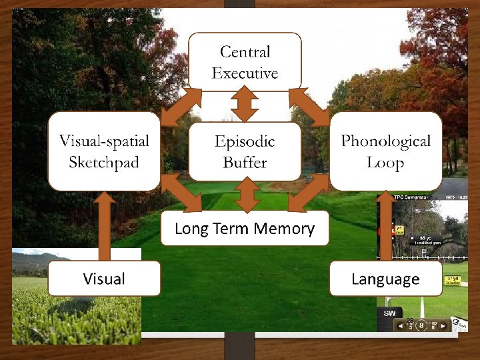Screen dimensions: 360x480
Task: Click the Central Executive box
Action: tap(245, 61)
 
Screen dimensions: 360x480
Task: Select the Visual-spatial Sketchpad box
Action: tap(104, 151)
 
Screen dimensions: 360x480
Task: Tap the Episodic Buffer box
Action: tap(245, 151)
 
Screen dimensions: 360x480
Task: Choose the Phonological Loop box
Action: tap(385, 151)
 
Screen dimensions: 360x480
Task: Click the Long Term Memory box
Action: tap(245, 229)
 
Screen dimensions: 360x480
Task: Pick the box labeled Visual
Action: tap(104, 278)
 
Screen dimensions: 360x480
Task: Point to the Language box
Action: tap(385, 278)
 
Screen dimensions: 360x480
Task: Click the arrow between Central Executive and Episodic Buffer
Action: tap(245, 106)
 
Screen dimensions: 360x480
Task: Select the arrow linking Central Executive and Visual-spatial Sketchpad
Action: tap(175, 106)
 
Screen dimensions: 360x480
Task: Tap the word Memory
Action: tap(289, 229)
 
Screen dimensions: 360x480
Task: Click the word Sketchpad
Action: tap(105, 162)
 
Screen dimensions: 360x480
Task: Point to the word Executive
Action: tap(245, 72)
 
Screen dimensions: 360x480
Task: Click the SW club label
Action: tap(390, 313)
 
